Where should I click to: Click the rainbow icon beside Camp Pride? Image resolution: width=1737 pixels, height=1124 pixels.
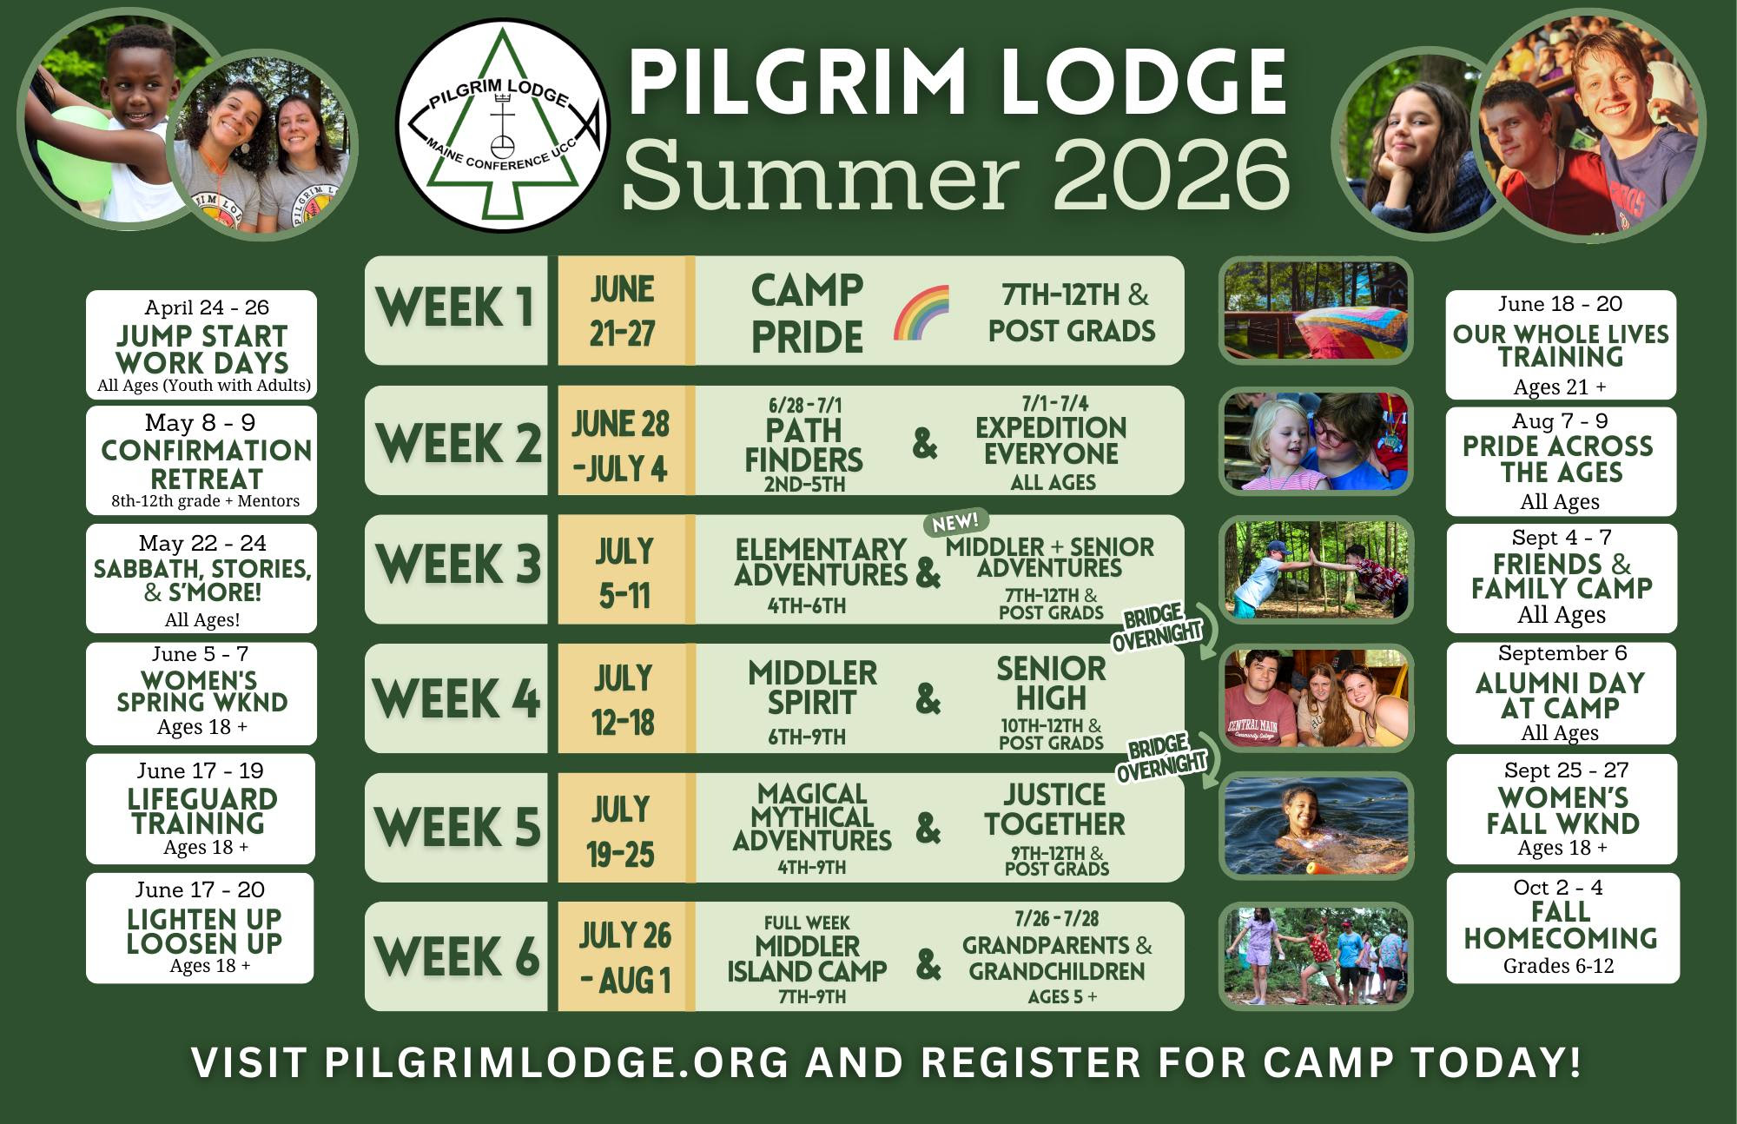click(921, 313)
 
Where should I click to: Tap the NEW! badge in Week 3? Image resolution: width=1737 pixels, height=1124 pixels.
click(955, 522)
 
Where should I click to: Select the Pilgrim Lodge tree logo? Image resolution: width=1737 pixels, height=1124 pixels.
click(503, 125)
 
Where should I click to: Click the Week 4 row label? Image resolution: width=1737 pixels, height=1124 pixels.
click(456, 698)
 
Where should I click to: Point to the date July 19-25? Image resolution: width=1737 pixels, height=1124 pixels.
click(620, 831)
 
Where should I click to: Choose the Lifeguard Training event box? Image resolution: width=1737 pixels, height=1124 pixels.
click(200, 809)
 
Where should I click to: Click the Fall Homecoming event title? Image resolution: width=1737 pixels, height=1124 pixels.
click(1561, 925)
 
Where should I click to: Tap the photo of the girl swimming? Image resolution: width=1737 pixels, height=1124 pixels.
click(1316, 826)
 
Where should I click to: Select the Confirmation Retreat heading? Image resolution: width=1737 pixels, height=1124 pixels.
click(206, 464)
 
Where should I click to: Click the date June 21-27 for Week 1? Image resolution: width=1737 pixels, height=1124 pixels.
click(622, 311)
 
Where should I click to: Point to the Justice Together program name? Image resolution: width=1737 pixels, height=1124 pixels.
click(1054, 809)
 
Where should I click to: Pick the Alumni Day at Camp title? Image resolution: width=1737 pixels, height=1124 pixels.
click(1561, 695)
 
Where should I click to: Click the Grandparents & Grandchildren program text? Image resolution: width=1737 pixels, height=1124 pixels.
click(1057, 957)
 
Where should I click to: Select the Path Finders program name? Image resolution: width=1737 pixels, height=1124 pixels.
click(804, 445)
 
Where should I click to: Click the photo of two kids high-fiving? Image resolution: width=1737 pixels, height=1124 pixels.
click(1316, 570)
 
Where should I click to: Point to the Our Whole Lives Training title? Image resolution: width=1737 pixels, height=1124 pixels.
click(1561, 346)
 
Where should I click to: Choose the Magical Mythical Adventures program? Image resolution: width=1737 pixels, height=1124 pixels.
click(812, 817)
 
